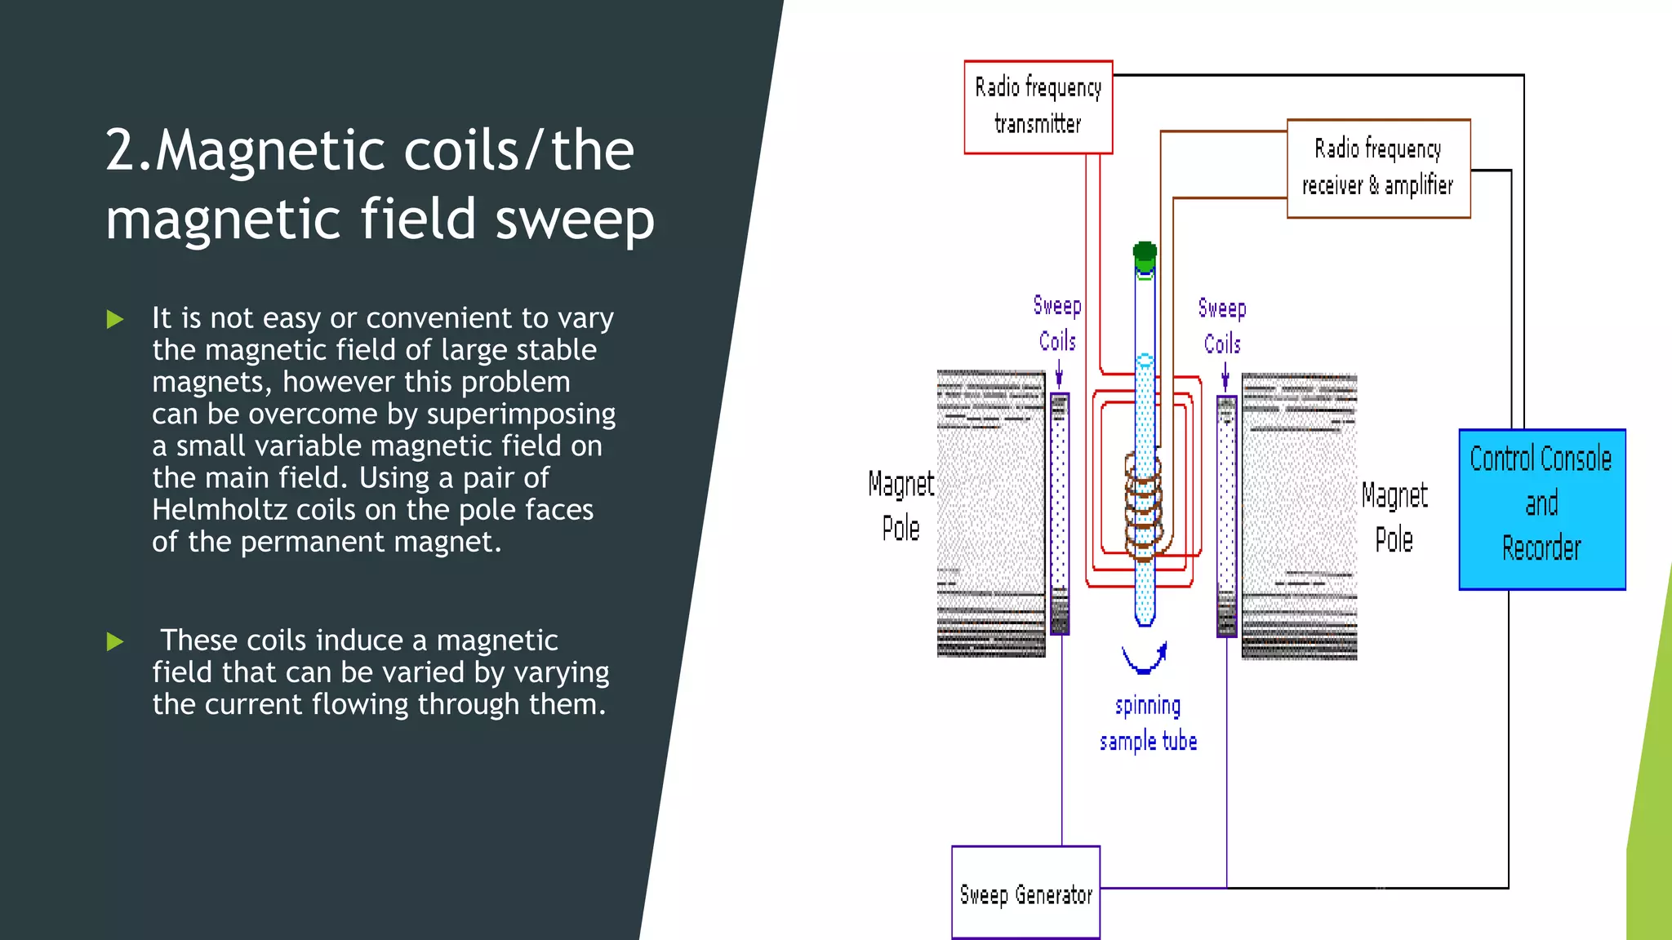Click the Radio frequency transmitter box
(x=1038, y=107)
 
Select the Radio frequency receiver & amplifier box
(x=1378, y=168)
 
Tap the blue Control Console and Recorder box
(x=1541, y=508)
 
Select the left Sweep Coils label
(x=1057, y=323)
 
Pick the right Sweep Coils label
(x=1222, y=326)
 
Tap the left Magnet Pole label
(x=900, y=506)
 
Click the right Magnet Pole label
(x=1394, y=517)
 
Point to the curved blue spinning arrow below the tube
(x=1145, y=658)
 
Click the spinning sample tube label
(x=1148, y=723)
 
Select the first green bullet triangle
(x=115, y=319)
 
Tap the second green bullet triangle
(x=115, y=641)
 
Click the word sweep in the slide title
(x=575, y=219)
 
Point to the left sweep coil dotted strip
(x=1060, y=514)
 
